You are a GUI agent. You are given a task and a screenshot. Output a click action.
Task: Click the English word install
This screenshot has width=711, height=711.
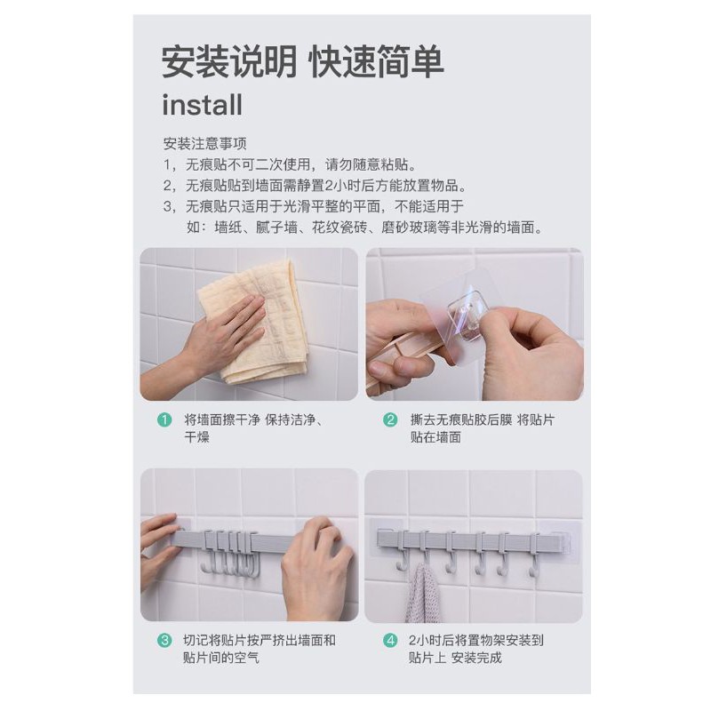click(202, 105)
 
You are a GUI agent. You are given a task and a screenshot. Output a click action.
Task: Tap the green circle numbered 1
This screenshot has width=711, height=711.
click(164, 419)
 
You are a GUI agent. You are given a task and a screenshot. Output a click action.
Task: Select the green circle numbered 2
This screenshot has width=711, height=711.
click(390, 419)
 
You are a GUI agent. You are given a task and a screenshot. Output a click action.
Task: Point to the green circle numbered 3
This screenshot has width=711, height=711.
click(164, 640)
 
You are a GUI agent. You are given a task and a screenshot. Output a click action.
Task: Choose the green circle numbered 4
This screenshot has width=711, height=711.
click(390, 640)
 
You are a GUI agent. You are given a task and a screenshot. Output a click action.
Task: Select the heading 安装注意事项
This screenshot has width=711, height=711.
click(205, 144)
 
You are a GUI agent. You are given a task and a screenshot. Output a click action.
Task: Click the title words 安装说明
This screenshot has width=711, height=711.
click(229, 61)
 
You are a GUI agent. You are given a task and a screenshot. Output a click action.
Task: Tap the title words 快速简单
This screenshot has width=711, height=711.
click(375, 61)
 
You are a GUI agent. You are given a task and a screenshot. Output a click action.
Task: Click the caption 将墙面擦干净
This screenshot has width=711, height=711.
click(221, 419)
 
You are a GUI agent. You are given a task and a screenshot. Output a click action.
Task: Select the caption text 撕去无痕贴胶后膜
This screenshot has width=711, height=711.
click(460, 419)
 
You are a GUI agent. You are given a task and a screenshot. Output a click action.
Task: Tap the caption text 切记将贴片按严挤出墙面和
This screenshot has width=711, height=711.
click(260, 640)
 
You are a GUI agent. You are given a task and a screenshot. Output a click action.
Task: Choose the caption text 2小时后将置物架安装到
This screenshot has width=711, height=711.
click(475, 640)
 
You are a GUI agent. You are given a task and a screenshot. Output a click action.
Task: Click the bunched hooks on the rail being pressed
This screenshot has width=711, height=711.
click(230, 552)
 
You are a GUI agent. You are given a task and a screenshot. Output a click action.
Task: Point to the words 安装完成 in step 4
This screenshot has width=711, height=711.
click(476, 658)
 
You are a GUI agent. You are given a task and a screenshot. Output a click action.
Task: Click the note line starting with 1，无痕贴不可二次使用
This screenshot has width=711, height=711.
click(291, 164)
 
